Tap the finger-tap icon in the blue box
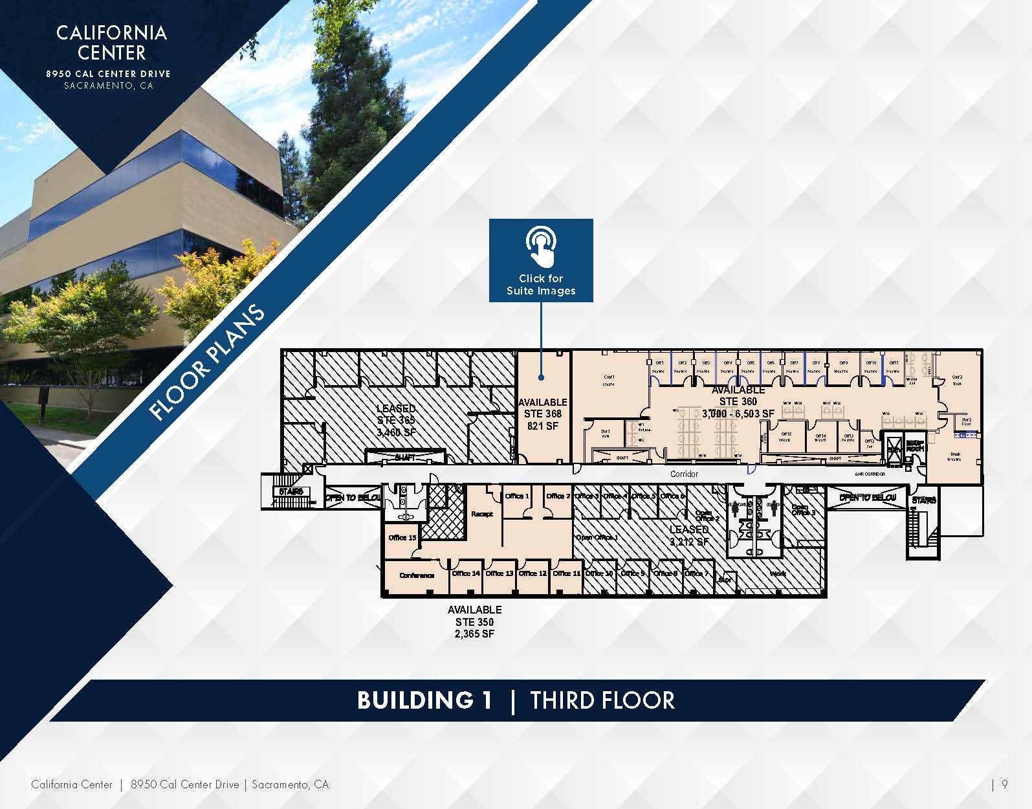pos(541,247)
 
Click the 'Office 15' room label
pos(402,538)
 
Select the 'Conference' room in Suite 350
pos(417,575)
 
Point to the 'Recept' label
pos(482,514)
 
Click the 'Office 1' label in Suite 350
pos(517,496)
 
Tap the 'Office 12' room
pos(532,573)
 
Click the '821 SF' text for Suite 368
pos(542,426)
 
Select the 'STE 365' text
pos(396,420)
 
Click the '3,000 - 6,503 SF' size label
pos(738,414)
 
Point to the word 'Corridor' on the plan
pos(684,474)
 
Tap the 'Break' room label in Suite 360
pos(954,454)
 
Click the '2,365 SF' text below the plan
pos(474,634)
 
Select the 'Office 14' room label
pos(466,573)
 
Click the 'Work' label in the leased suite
pos(778,574)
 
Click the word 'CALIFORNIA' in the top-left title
pos(111,33)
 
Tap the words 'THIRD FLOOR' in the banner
pos(602,700)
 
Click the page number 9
pos(1004,784)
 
